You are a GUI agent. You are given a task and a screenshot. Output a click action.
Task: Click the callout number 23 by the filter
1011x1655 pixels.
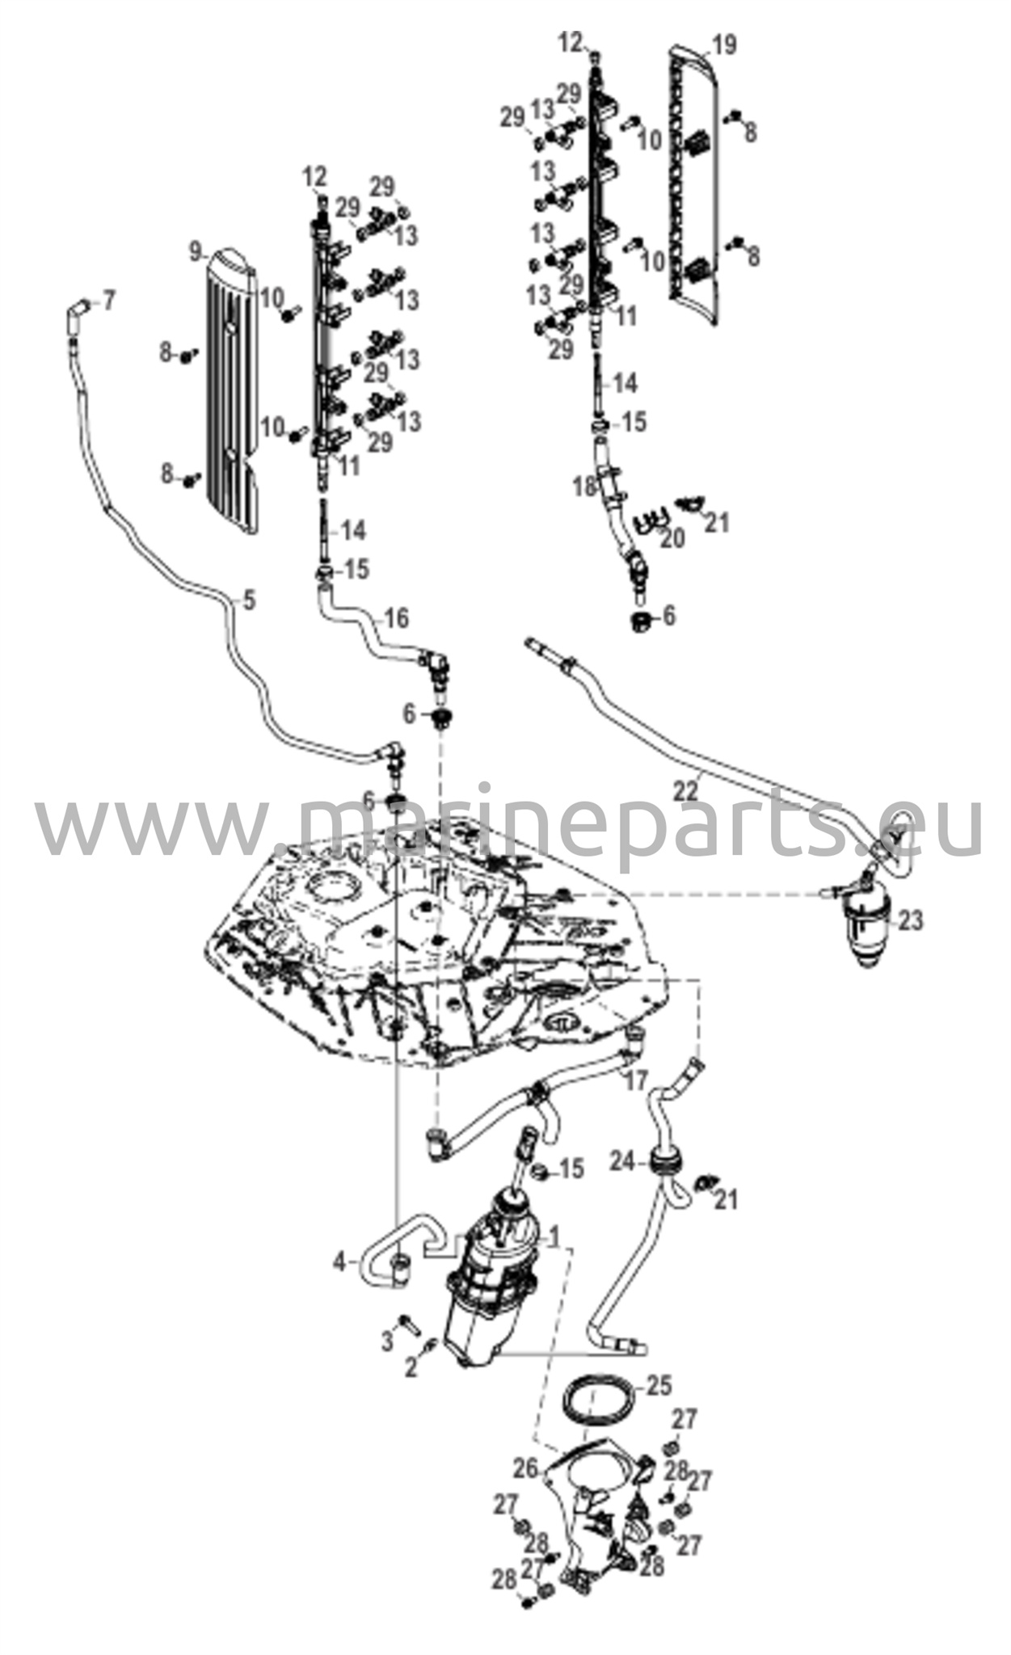coord(910,920)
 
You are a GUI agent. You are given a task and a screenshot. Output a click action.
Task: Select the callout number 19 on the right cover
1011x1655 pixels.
coord(725,44)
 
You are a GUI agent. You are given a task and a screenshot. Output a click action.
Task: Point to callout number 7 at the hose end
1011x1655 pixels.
coord(107,301)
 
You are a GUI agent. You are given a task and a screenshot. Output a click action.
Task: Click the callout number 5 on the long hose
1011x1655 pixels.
coord(248,600)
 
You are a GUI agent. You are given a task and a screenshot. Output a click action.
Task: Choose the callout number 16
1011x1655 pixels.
coord(396,618)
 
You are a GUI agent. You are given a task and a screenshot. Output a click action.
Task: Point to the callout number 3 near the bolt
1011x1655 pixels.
coord(387,1342)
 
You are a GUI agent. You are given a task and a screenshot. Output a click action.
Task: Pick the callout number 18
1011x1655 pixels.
coord(583,486)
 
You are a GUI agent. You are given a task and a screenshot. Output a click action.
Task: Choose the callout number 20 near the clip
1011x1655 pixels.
coord(672,537)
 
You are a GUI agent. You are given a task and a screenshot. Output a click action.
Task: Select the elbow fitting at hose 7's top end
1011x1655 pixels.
coord(78,308)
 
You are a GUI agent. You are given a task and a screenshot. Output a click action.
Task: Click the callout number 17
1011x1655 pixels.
coord(636,1080)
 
